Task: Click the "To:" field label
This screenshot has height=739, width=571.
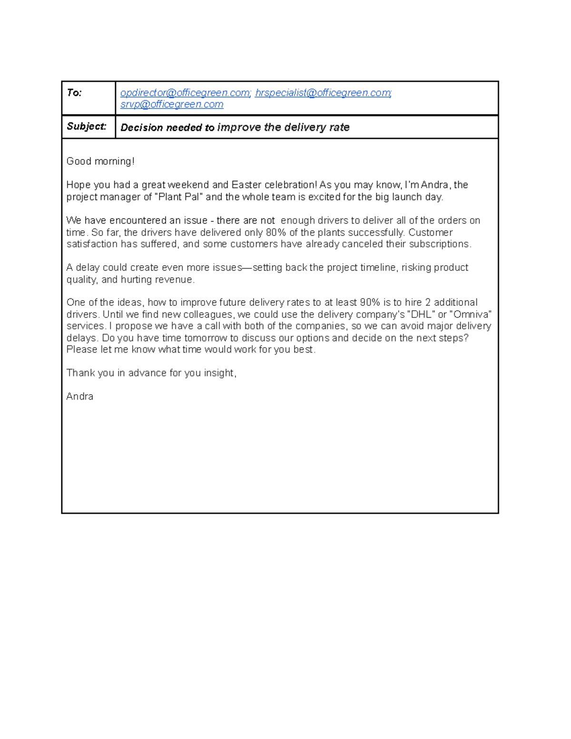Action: [x=74, y=93]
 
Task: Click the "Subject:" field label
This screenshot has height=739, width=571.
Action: [x=87, y=127]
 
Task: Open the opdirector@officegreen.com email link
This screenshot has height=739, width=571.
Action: [x=185, y=93]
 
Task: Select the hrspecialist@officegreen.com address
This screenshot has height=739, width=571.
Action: [x=323, y=93]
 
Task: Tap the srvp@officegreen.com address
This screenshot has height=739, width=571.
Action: [x=172, y=105]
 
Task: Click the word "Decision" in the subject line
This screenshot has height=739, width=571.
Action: [x=142, y=128]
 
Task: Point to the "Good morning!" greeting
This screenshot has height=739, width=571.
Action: [x=100, y=161]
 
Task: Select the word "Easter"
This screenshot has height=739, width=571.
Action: [x=246, y=185]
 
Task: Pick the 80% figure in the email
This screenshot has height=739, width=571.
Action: [x=276, y=233]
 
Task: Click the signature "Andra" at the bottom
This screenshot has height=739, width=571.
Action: [x=79, y=396]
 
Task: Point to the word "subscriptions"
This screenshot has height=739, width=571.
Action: [x=440, y=244]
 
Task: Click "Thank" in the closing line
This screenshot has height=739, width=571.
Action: [x=80, y=373]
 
